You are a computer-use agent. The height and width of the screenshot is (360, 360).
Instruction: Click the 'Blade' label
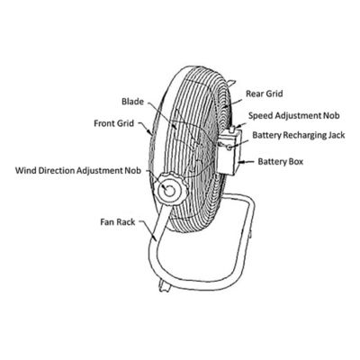[x=132, y=102]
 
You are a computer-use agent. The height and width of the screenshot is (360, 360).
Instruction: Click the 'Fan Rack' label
[x=119, y=219]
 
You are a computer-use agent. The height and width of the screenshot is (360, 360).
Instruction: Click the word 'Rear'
[x=253, y=93]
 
